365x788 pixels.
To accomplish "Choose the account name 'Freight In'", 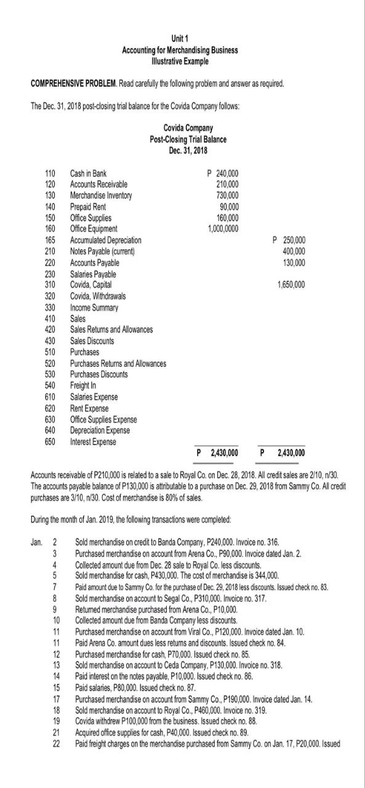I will pyautogui.click(x=85, y=385).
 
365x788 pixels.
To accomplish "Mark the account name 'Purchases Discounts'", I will pyautogui.click(x=100, y=374).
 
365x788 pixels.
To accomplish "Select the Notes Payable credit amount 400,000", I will pyautogui.click(x=292, y=251).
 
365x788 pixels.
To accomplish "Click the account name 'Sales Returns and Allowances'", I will pyautogui.click(x=112, y=329).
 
